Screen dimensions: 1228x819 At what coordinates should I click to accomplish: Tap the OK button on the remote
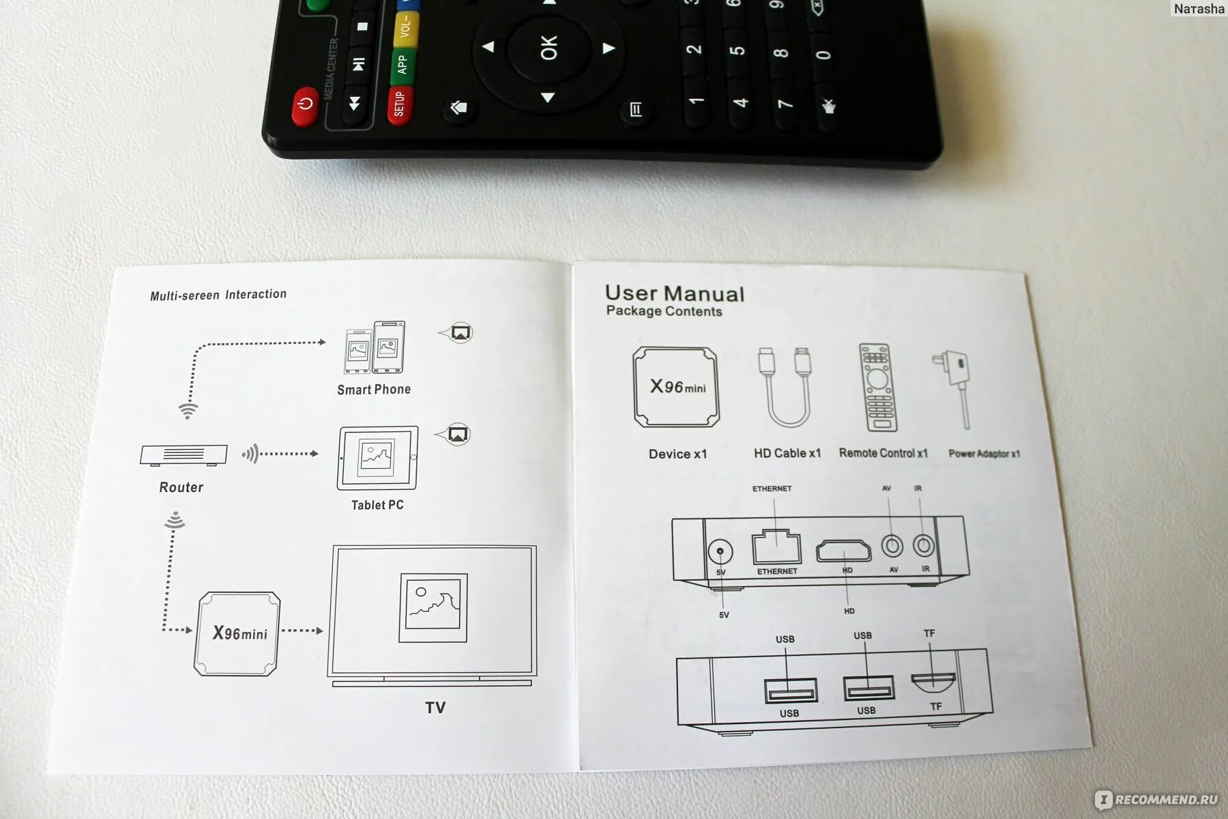click(549, 47)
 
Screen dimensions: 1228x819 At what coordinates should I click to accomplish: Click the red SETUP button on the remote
click(400, 104)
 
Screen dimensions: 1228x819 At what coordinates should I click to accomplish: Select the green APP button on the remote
click(403, 64)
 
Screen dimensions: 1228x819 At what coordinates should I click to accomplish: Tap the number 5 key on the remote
click(737, 51)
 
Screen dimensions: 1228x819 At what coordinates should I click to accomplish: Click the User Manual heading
click(674, 293)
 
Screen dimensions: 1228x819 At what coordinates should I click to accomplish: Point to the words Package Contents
click(664, 311)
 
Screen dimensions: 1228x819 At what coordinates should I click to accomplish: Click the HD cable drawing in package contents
click(785, 386)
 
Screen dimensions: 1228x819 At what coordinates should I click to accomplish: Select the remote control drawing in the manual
click(877, 387)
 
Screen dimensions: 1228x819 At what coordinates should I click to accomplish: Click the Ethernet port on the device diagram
click(776, 547)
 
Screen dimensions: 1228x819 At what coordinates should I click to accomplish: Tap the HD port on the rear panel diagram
click(844, 550)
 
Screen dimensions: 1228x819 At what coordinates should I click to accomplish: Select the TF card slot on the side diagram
click(933, 680)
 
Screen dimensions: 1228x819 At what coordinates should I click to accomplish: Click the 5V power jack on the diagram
click(720, 551)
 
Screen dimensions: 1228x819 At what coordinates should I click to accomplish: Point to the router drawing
click(183, 455)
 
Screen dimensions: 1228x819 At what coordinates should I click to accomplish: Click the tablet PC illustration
click(377, 458)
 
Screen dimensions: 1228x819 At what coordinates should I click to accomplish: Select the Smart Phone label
click(374, 390)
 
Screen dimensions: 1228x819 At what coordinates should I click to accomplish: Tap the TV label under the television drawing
click(435, 708)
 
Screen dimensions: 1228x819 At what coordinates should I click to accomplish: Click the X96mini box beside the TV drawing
click(237, 633)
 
